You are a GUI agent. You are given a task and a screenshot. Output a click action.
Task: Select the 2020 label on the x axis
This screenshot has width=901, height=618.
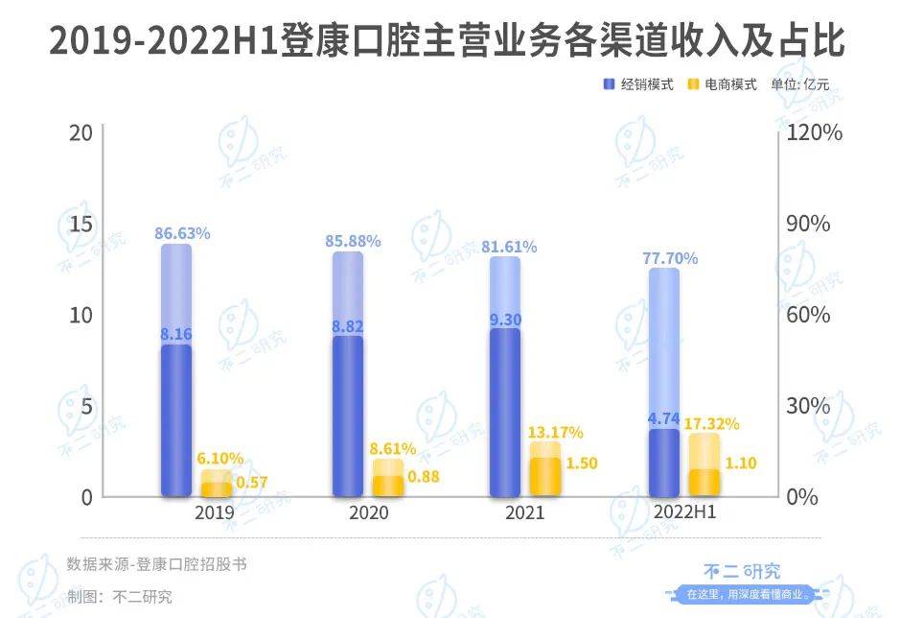click(x=369, y=513)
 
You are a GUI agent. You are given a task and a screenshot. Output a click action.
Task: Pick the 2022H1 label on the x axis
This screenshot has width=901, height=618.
click(x=684, y=513)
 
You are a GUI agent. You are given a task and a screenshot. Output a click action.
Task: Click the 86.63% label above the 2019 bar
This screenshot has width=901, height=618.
click(x=182, y=233)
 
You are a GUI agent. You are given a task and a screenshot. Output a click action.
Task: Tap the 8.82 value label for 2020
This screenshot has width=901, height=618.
click(x=348, y=326)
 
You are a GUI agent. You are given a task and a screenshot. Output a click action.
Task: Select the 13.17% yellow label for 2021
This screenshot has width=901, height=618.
click(x=555, y=433)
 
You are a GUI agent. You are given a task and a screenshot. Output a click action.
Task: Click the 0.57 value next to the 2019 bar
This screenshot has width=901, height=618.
click(x=251, y=482)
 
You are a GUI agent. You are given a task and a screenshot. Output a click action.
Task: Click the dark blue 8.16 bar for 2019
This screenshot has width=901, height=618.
click(x=175, y=422)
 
